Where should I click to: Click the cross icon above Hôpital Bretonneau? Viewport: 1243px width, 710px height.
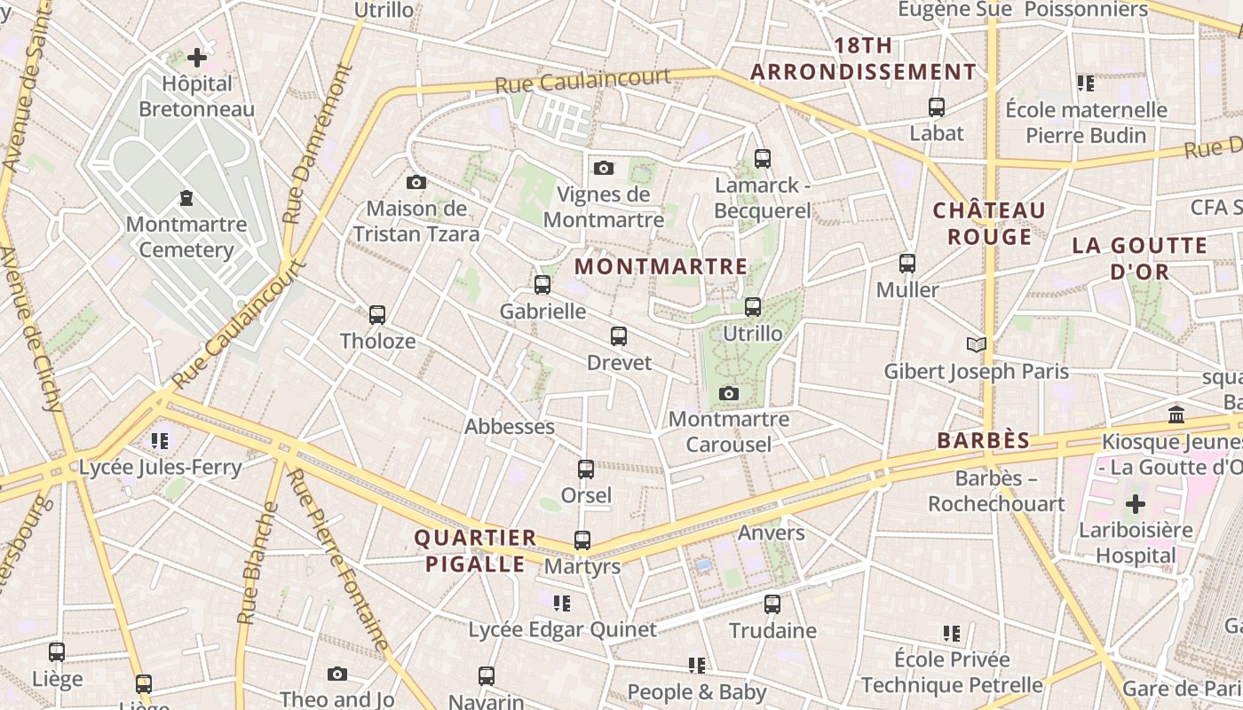coord(197,59)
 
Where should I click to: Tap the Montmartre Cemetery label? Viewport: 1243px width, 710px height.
coord(186,237)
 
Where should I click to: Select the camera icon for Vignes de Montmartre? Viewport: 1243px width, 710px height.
coord(604,168)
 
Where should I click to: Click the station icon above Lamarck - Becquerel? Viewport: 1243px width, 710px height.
coord(763,159)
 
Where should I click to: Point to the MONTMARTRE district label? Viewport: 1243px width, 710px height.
coord(661,266)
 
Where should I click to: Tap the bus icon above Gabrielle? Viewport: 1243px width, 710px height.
coord(542,285)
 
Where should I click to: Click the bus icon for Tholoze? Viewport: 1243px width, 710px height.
coord(377,315)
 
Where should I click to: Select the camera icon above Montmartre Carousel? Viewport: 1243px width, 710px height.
coord(729,393)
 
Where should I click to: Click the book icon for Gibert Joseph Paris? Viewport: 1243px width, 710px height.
coord(977,344)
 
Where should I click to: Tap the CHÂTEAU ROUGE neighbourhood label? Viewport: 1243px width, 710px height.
coord(989,224)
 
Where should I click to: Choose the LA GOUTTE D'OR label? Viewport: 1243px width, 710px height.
coord(1140,258)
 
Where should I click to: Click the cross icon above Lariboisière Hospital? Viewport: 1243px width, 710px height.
coord(1136,505)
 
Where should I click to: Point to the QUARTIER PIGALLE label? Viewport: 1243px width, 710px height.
coord(476,550)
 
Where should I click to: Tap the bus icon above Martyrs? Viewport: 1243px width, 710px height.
coord(582,540)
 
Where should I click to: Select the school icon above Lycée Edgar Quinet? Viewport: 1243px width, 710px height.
coord(562,603)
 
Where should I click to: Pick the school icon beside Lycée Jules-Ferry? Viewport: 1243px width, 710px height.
coord(160,441)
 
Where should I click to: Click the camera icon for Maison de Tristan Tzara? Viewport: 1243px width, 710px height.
coord(416,183)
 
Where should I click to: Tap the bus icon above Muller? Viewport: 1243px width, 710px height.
coord(907,264)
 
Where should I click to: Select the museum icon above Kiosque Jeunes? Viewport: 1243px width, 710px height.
coord(1177,414)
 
